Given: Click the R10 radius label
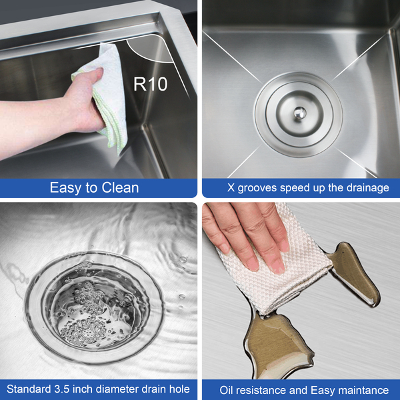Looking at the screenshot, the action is [x=151, y=84].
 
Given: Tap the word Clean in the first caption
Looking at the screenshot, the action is [x=120, y=188].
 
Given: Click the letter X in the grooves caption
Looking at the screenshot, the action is [x=231, y=188].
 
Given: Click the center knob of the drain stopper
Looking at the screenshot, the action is [x=299, y=113].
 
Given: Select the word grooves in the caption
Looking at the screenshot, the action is [x=257, y=188].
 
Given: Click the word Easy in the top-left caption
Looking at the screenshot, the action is [x=66, y=188].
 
